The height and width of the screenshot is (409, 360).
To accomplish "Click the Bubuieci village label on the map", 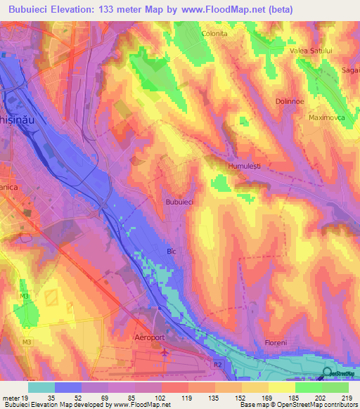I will point(179,202).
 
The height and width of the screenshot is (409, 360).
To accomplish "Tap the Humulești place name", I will point(245,167).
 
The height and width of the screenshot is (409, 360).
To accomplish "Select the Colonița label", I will point(215,33).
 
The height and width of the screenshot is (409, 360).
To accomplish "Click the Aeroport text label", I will point(148,337).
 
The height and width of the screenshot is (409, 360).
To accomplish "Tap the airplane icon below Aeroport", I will point(165,351).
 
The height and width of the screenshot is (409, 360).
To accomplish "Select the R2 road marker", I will point(218,365).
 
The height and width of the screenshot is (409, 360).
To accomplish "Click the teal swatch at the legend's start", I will point(41,387).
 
